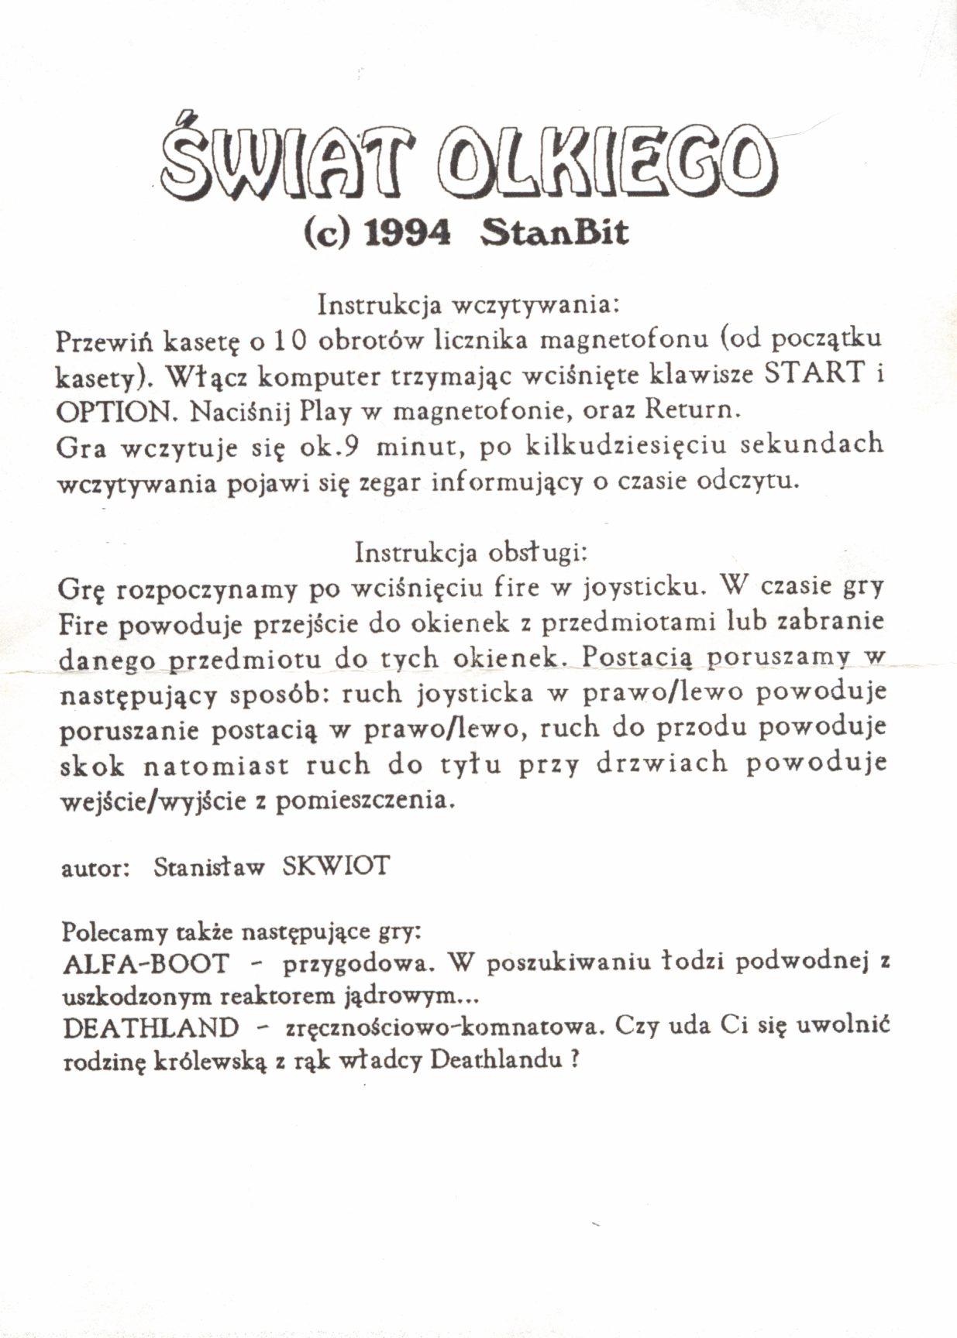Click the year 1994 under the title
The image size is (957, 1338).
[407, 232]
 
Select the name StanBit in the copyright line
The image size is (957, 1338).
[554, 232]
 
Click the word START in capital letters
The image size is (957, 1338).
[814, 373]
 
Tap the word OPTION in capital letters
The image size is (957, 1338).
[117, 410]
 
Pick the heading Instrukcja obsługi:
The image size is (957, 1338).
[472, 552]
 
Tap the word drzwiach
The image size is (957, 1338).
[662, 763]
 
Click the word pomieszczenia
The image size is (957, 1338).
[364, 800]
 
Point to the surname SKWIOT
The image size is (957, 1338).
[336, 866]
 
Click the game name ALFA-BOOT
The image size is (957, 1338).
[146, 964]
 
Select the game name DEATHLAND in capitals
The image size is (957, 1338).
[151, 1028]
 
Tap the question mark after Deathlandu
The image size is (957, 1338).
[574, 1059]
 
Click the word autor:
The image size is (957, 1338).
[95, 867]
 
